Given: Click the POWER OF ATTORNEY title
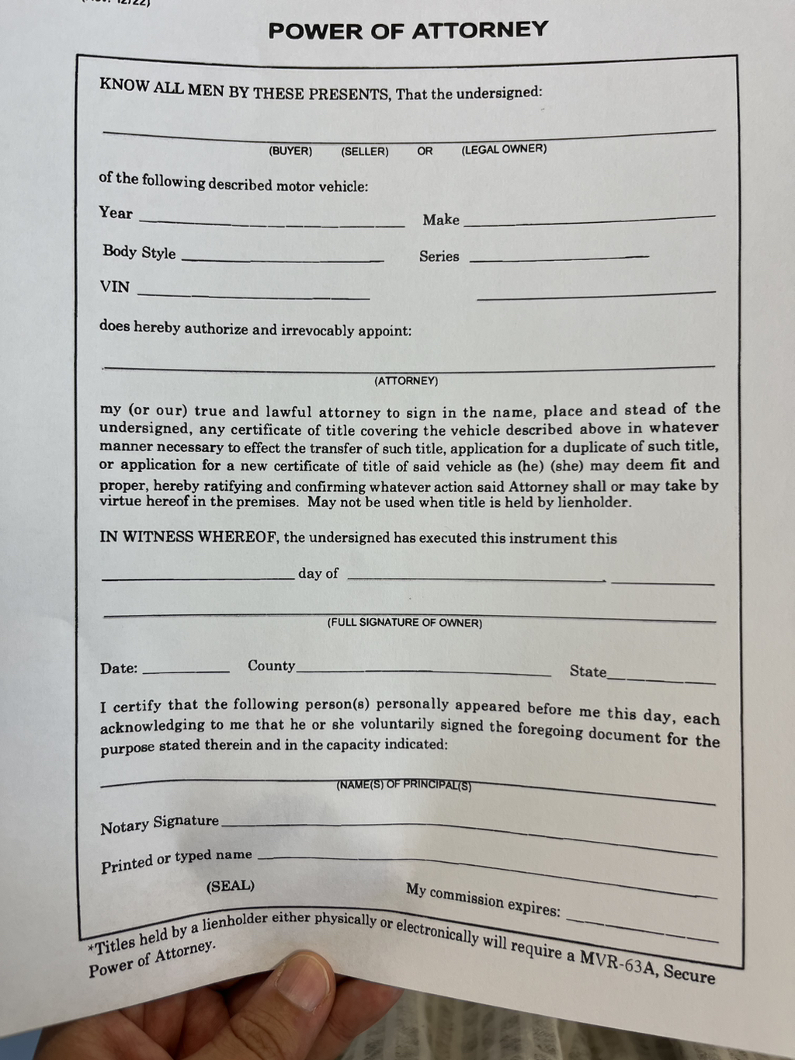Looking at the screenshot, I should pos(408,30).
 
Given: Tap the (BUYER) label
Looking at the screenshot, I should pos(290,151).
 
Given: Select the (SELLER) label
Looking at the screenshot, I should pos(365,151).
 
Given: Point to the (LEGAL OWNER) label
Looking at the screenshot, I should pos(504,148).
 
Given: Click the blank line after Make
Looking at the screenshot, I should pos(588,220).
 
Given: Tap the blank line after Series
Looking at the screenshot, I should pos(559,258).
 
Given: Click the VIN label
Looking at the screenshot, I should pos(115,287).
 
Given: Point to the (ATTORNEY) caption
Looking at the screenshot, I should pos(406,381).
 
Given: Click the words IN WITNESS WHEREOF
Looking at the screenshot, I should pos(189,537).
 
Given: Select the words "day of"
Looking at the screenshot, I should pos(318,573).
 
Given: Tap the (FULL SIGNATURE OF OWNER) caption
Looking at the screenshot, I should pos(404,623).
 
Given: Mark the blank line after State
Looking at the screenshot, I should pos(661,679).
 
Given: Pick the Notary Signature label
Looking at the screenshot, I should pos(160,824).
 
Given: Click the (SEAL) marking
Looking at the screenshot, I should pos(231,886).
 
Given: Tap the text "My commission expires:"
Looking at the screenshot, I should pos(483,899).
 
